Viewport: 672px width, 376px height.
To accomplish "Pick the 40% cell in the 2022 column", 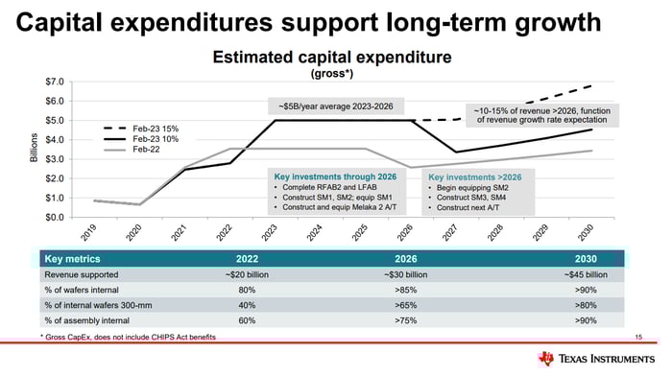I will point(246,306).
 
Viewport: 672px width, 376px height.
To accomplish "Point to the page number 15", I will point(638,338).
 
